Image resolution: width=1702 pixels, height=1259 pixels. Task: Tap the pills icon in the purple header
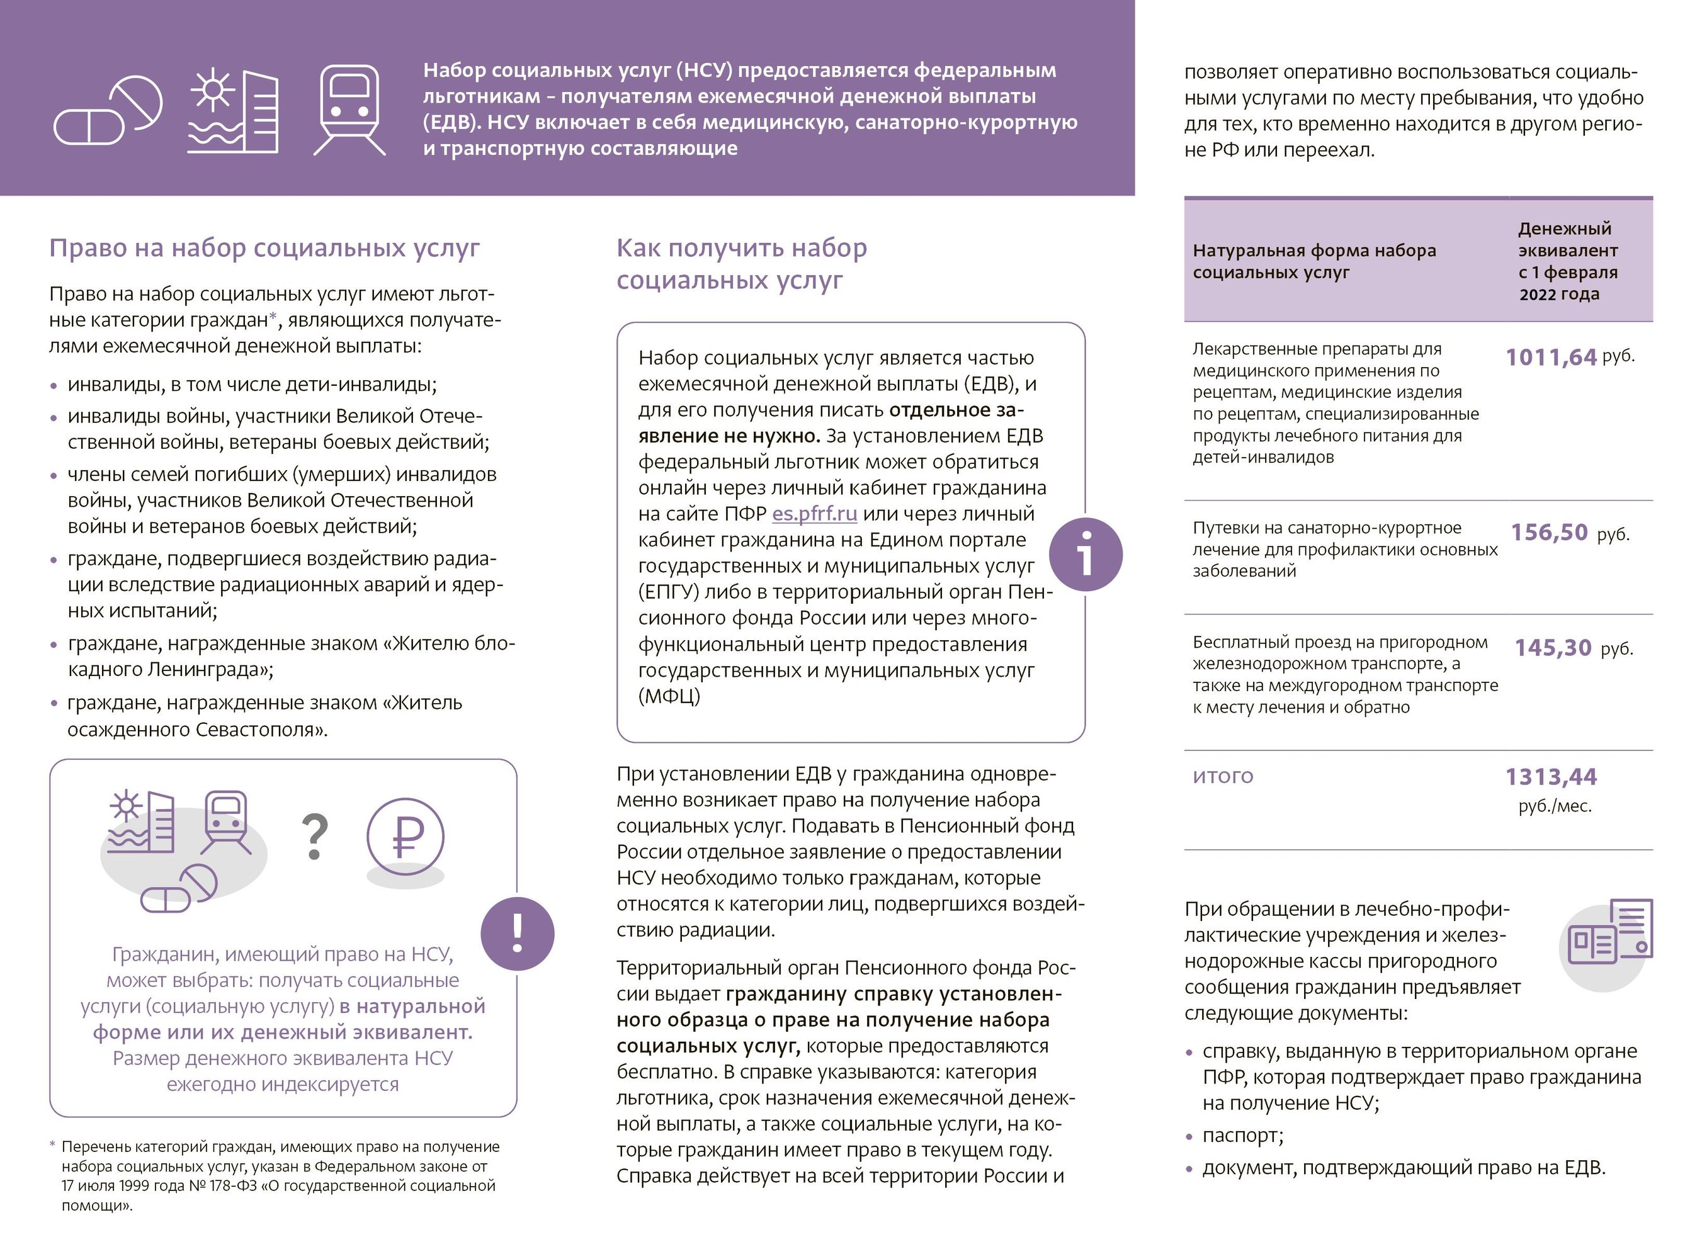point(108,110)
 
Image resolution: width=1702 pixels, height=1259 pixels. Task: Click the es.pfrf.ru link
point(814,514)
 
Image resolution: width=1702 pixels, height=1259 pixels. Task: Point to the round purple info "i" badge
point(1086,554)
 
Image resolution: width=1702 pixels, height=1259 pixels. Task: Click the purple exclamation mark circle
point(518,934)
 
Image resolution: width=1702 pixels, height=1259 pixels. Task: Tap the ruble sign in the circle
point(406,836)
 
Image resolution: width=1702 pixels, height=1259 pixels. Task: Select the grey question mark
point(315,836)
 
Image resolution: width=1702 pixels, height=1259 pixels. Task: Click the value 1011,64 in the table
point(1550,357)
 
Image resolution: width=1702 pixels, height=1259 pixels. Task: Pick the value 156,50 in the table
point(1549,532)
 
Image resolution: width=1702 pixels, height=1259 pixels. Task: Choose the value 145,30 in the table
point(1553,648)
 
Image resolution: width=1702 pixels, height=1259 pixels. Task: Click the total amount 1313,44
point(1550,777)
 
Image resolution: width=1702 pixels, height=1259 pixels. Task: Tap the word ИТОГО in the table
point(1223,776)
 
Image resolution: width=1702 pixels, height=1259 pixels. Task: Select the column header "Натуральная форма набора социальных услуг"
point(1314,261)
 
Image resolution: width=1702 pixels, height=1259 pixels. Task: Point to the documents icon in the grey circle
point(1609,940)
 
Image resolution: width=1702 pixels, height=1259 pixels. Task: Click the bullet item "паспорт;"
point(1242,1135)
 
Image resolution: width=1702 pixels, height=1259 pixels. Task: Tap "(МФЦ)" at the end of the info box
point(669,696)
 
